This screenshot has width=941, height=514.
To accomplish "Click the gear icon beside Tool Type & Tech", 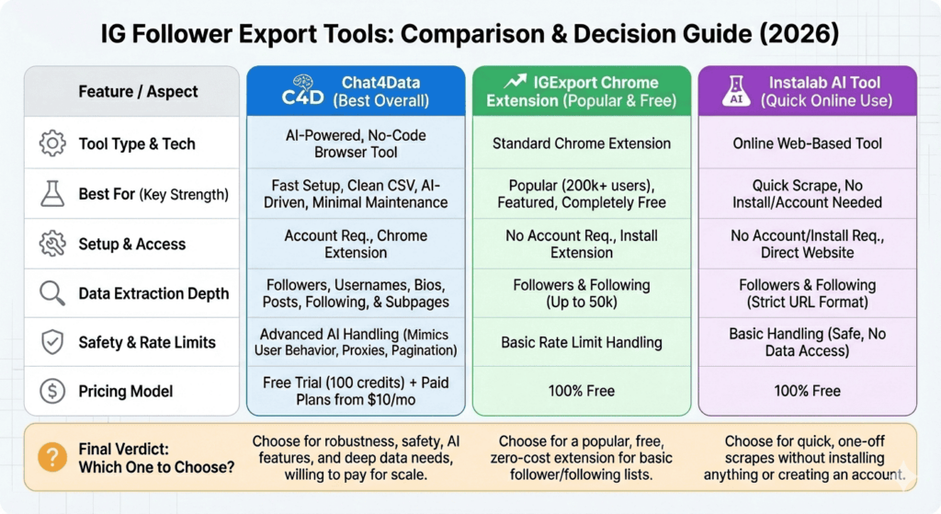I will (x=52, y=143).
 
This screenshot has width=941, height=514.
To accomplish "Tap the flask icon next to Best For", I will (x=52, y=194).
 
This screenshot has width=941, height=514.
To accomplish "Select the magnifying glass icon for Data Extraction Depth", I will (x=52, y=293).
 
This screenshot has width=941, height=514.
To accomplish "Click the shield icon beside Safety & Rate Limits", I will (x=52, y=342).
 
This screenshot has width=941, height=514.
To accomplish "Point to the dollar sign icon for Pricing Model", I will (x=52, y=392).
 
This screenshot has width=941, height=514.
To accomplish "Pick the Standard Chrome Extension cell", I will (x=582, y=143).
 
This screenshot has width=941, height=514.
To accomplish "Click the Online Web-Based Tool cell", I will (x=807, y=143).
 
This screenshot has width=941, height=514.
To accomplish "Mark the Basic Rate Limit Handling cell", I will (x=582, y=342).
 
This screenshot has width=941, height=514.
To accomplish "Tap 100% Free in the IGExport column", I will (x=582, y=391).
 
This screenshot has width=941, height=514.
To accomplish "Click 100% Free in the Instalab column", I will (x=807, y=391).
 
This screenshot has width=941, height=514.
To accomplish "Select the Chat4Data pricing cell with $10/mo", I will (x=356, y=391).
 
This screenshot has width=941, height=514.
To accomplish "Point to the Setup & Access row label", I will (x=132, y=244).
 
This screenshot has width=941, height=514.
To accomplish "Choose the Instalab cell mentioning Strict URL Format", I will (x=807, y=293).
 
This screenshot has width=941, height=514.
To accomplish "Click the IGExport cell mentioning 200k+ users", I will (x=582, y=194).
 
